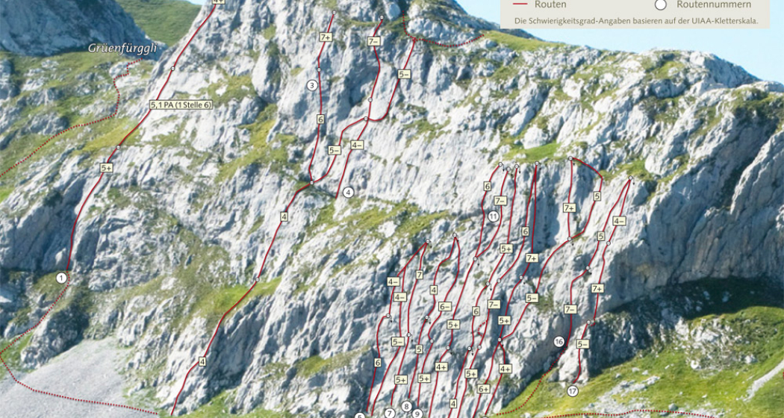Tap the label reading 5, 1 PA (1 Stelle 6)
[181, 105]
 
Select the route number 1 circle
[61, 278]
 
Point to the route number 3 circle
[312, 85]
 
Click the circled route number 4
[348, 193]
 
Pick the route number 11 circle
[494, 216]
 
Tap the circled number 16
[559, 341]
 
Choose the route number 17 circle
[573, 391]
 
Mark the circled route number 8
[406, 406]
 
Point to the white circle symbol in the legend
[660, 4]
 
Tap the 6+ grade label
[483, 389]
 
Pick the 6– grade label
[445, 307]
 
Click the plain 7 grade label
[420, 275]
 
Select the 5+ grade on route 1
[107, 169]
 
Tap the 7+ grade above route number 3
[326, 37]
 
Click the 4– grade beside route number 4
[357, 145]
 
